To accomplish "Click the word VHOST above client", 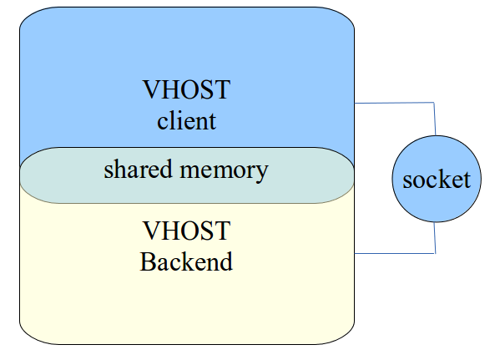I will [186, 90].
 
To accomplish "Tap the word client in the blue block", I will [186, 121].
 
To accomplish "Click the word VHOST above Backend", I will [186, 231].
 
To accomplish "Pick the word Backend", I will [186, 261].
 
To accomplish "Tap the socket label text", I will [437, 180].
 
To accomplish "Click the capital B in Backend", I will [147, 261].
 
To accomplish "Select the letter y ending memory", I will [262, 174].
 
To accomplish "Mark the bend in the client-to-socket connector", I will [435, 104].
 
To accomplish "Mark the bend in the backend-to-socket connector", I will [435, 253].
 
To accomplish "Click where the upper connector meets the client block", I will [356, 104].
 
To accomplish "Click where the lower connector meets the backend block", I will [356, 253].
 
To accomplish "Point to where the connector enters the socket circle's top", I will [436, 134].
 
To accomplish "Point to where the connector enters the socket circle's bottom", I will [436, 223].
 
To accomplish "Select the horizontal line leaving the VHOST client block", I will [395, 104].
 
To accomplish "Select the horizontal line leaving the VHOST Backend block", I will [395, 253].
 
